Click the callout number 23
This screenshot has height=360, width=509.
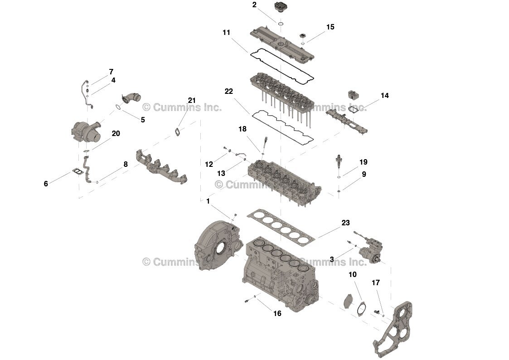[x=345, y=223]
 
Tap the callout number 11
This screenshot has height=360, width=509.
[x=226, y=33]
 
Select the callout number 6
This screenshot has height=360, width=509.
[x=46, y=184]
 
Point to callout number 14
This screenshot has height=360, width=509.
[x=385, y=95]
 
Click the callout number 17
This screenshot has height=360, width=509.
[x=376, y=283]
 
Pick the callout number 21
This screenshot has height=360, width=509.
[x=192, y=100]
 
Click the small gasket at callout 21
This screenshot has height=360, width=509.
[x=177, y=132]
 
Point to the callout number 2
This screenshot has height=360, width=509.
[x=254, y=5]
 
